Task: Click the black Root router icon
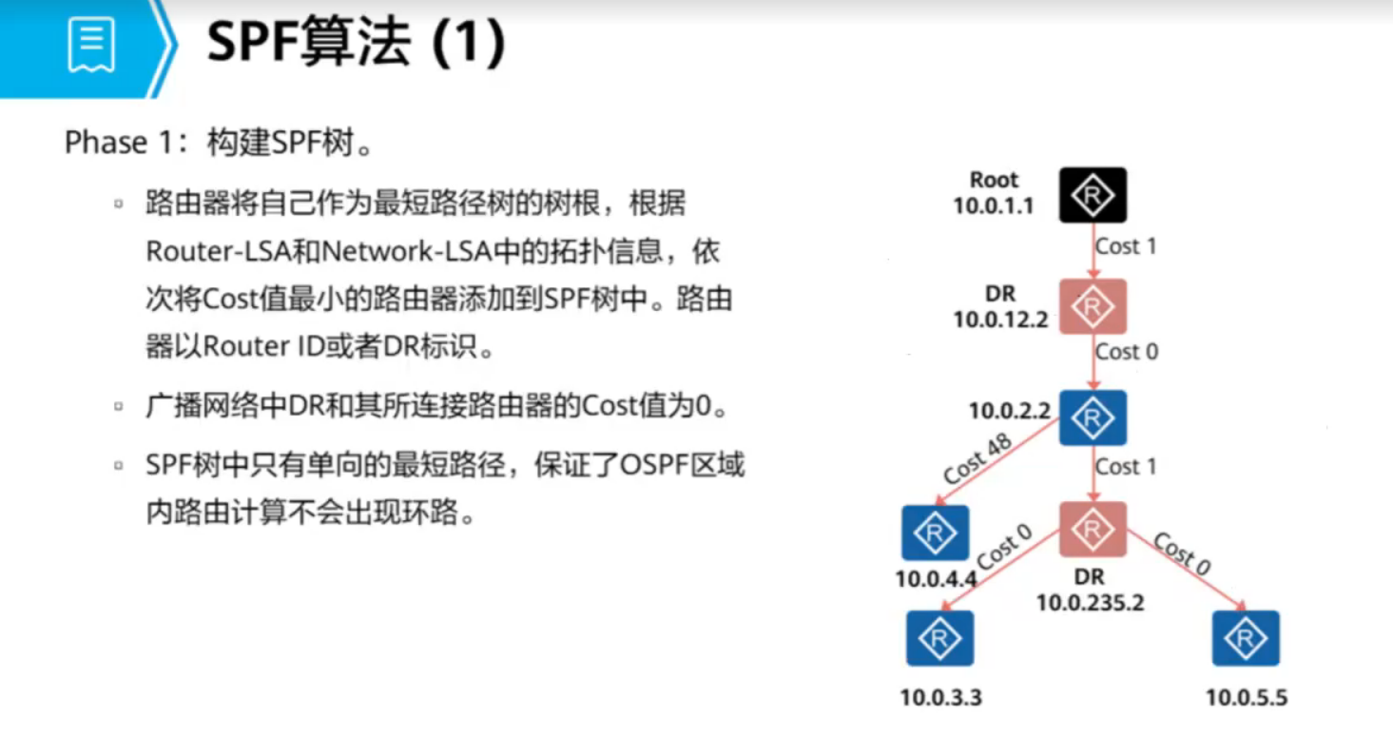1093,195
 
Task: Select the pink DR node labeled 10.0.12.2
1093,306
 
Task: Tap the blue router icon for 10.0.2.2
1093,417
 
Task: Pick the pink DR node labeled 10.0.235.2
1093,530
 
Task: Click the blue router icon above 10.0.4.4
935,533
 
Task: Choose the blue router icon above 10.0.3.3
939,638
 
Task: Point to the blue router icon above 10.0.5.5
1246,638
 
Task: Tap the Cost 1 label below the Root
1127,246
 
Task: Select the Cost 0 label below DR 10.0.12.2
1127,352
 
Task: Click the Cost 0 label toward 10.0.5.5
1182,553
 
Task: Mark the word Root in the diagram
994,180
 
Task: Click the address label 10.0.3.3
940,698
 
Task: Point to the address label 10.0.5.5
1247,698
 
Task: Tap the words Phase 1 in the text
106,144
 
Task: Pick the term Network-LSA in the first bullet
404,252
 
